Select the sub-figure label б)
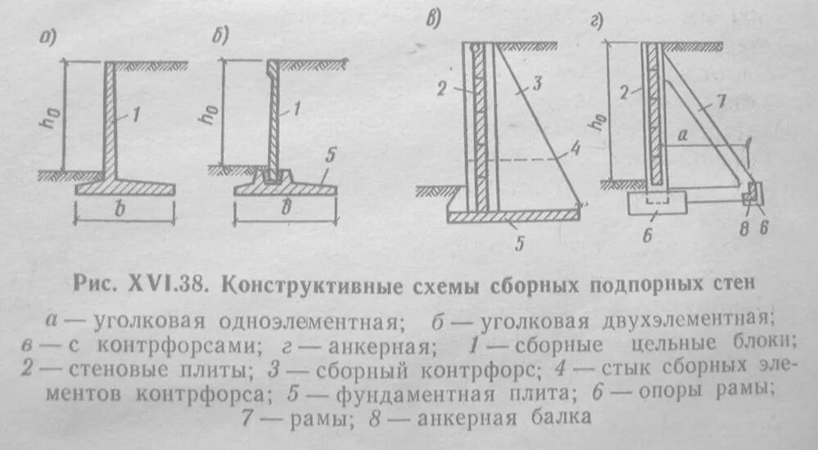coord(219,36)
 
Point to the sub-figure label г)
coord(596,22)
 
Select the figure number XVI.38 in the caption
coord(167,286)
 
